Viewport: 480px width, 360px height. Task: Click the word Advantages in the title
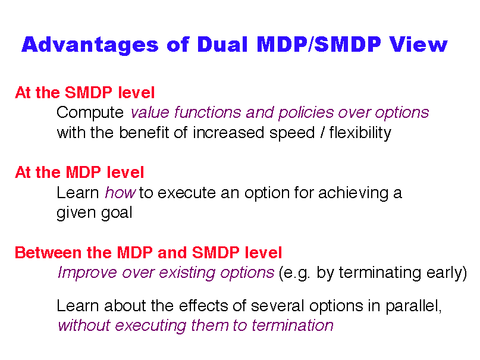pyautogui.click(x=90, y=45)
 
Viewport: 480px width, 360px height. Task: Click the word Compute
pyautogui.click(x=90, y=113)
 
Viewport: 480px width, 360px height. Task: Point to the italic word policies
pyautogui.click(x=306, y=113)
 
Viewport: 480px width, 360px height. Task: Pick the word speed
pyautogui.click(x=292, y=133)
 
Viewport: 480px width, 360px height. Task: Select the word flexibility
pyautogui.click(x=360, y=133)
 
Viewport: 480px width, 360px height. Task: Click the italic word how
pyautogui.click(x=120, y=193)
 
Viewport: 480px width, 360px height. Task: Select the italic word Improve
pyautogui.click(x=87, y=273)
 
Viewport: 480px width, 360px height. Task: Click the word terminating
pyautogui.click(x=379, y=273)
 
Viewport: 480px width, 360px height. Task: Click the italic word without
pyautogui.click(x=84, y=325)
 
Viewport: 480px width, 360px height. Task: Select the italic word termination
pyautogui.click(x=293, y=325)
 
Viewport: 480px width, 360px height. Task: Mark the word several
pyautogui.click(x=278, y=306)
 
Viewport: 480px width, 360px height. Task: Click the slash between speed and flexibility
pyautogui.click(x=322, y=133)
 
